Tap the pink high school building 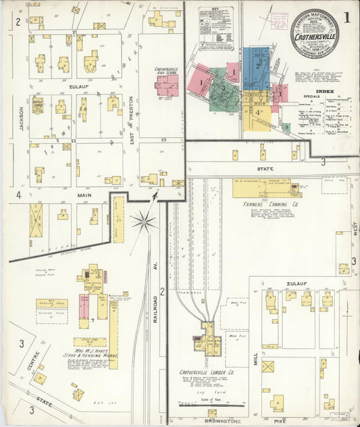pyautogui.click(x=165, y=85)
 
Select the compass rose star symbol pyautogui.click(x=143, y=220)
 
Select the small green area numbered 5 pyautogui.click(x=286, y=126)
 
